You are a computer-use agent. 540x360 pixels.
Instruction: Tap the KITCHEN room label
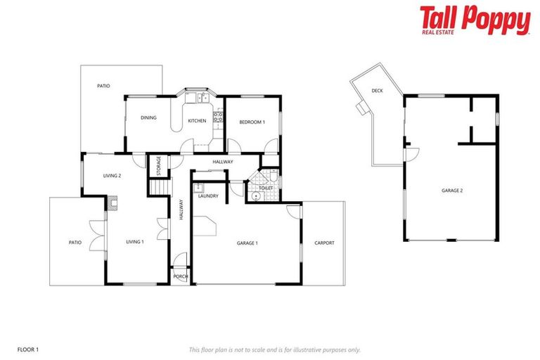pyautogui.click(x=197, y=122)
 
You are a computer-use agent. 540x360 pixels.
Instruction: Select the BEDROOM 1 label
pyautogui.click(x=252, y=122)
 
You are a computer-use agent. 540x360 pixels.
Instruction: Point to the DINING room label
pyautogui.click(x=148, y=117)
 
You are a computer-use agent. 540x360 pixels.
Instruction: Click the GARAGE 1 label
pyautogui.click(x=247, y=243)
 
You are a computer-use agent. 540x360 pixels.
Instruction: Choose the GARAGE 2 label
pyautogui.click(x=451, y=190)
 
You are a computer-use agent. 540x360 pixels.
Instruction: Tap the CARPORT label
pyautogui.click(x=324, y=243)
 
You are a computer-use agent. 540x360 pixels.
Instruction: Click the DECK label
pyautogui.click(x=377, y=91)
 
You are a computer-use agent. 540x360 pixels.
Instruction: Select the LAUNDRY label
pyautogui.click(x=208, y=195)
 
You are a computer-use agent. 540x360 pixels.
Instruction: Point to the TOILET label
pyautogui.click(x=266, y=188)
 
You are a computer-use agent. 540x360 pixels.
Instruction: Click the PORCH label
pyautogui.click(x=181, y=277)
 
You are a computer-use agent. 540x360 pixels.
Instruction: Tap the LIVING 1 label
pyautogui.click(x=134, y=242)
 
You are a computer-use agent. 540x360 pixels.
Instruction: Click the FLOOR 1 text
pyautogui.click(x=27, y=349)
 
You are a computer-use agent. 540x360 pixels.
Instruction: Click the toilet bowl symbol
pyautogui.click(x=257, y=196)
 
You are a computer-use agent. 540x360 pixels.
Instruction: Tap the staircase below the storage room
pyautogui.click(x=162, y=188)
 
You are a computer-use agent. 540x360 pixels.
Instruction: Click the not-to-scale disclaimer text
pyautogui.click(x=275, y=349)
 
